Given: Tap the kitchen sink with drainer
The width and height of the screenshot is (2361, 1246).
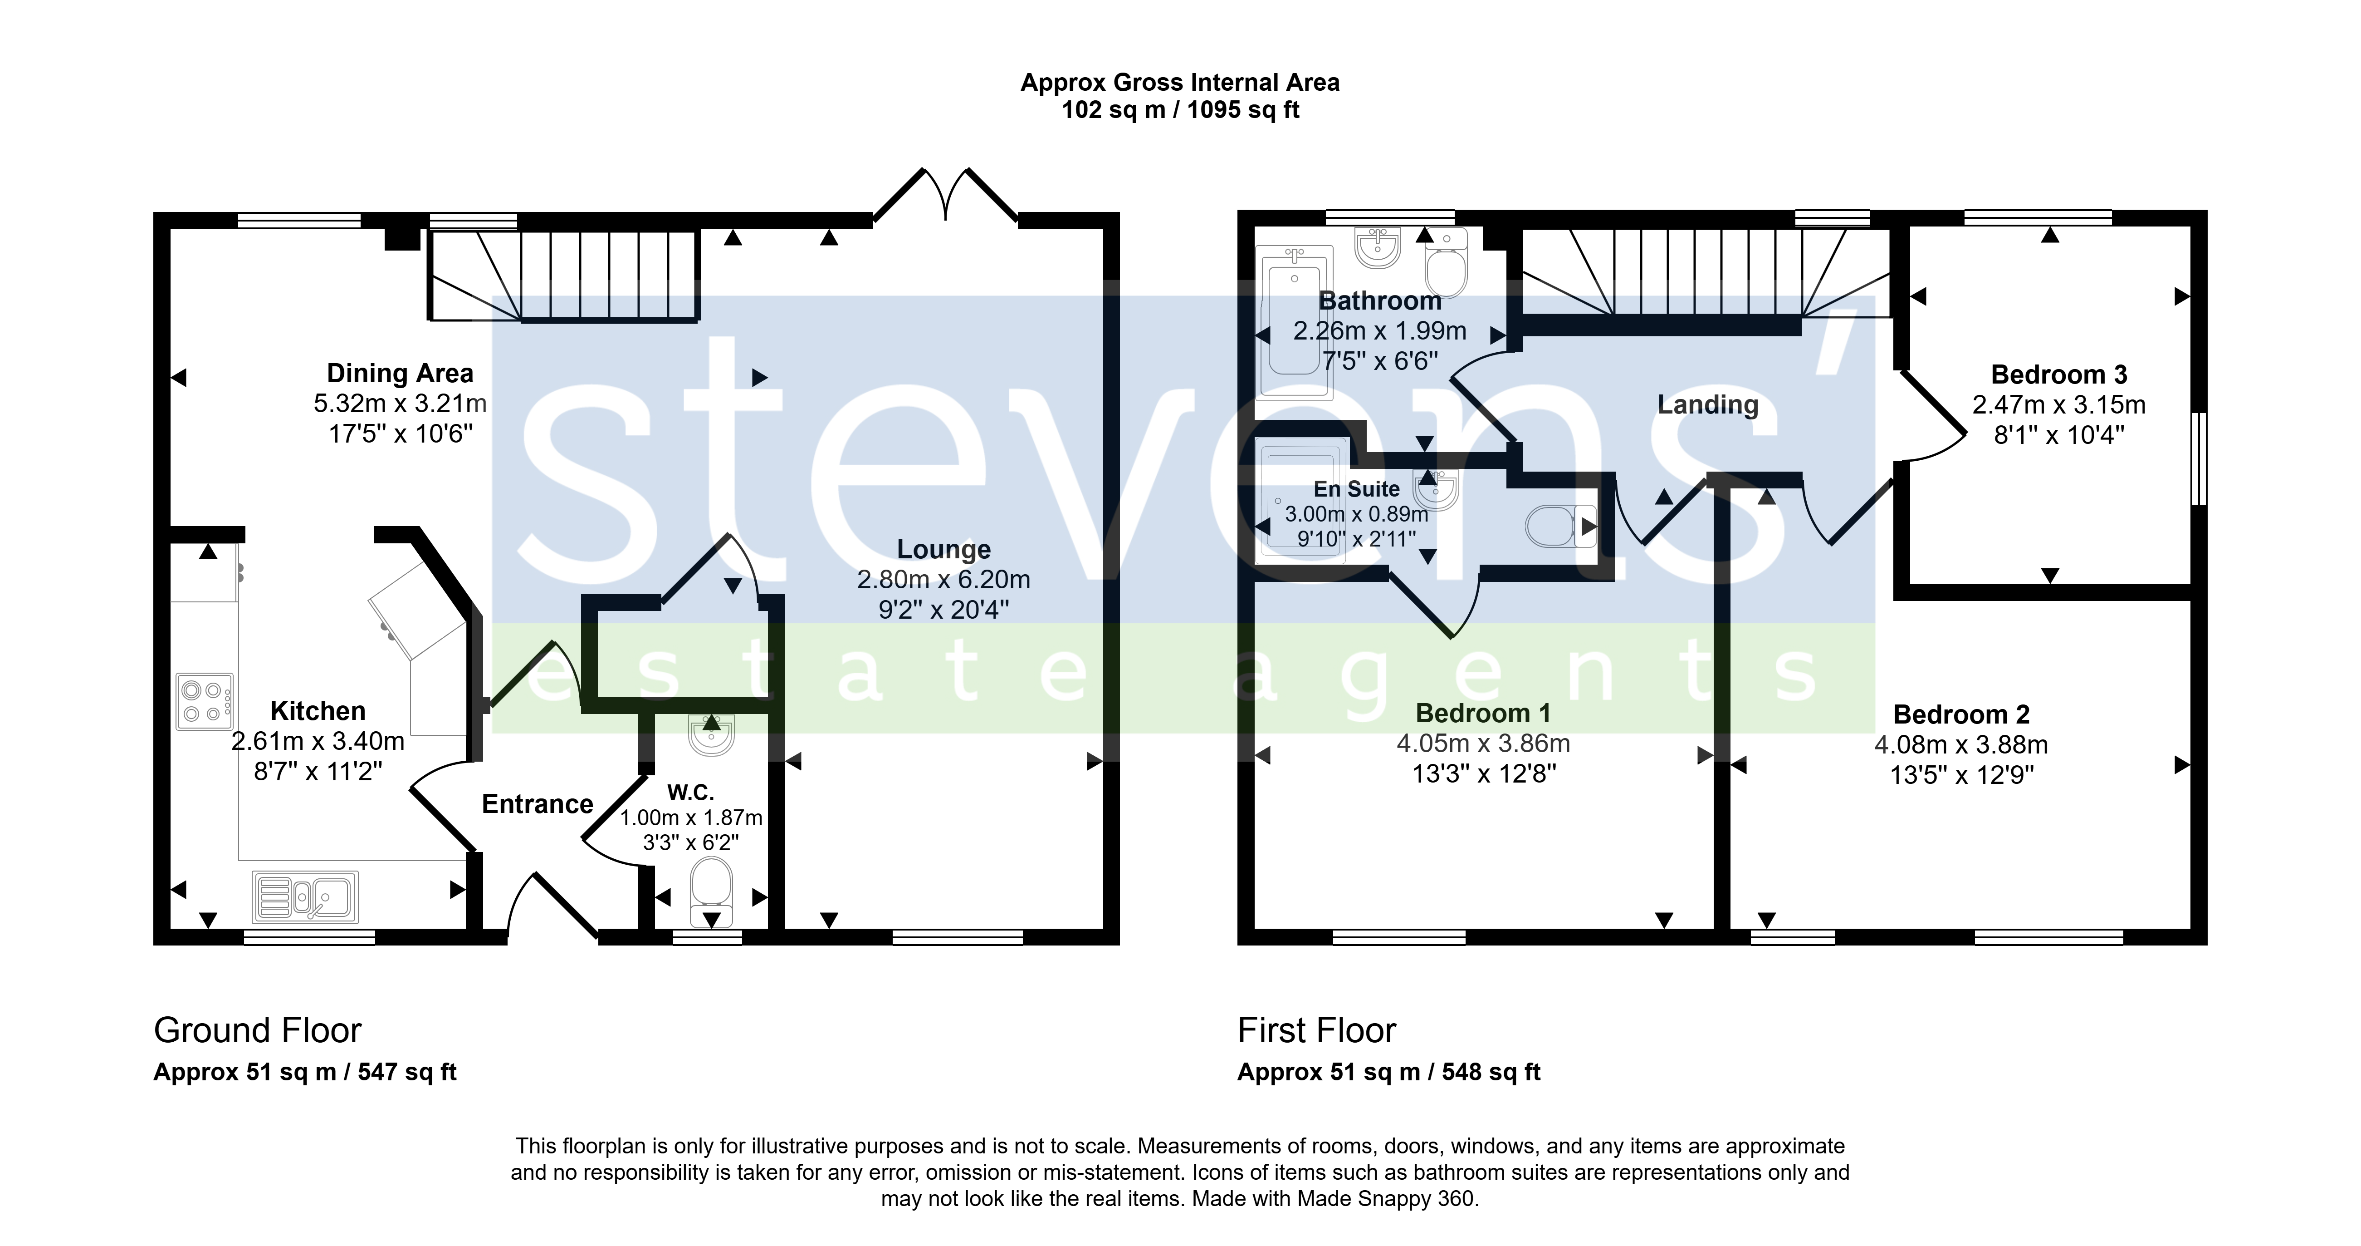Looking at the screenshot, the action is [305, 896].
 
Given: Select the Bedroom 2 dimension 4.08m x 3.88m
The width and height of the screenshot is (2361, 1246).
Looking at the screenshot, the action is [1960, 744].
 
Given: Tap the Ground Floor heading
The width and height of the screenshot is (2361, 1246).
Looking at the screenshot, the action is [258, 1030].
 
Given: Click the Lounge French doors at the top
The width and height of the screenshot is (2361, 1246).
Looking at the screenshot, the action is [945, 194].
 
